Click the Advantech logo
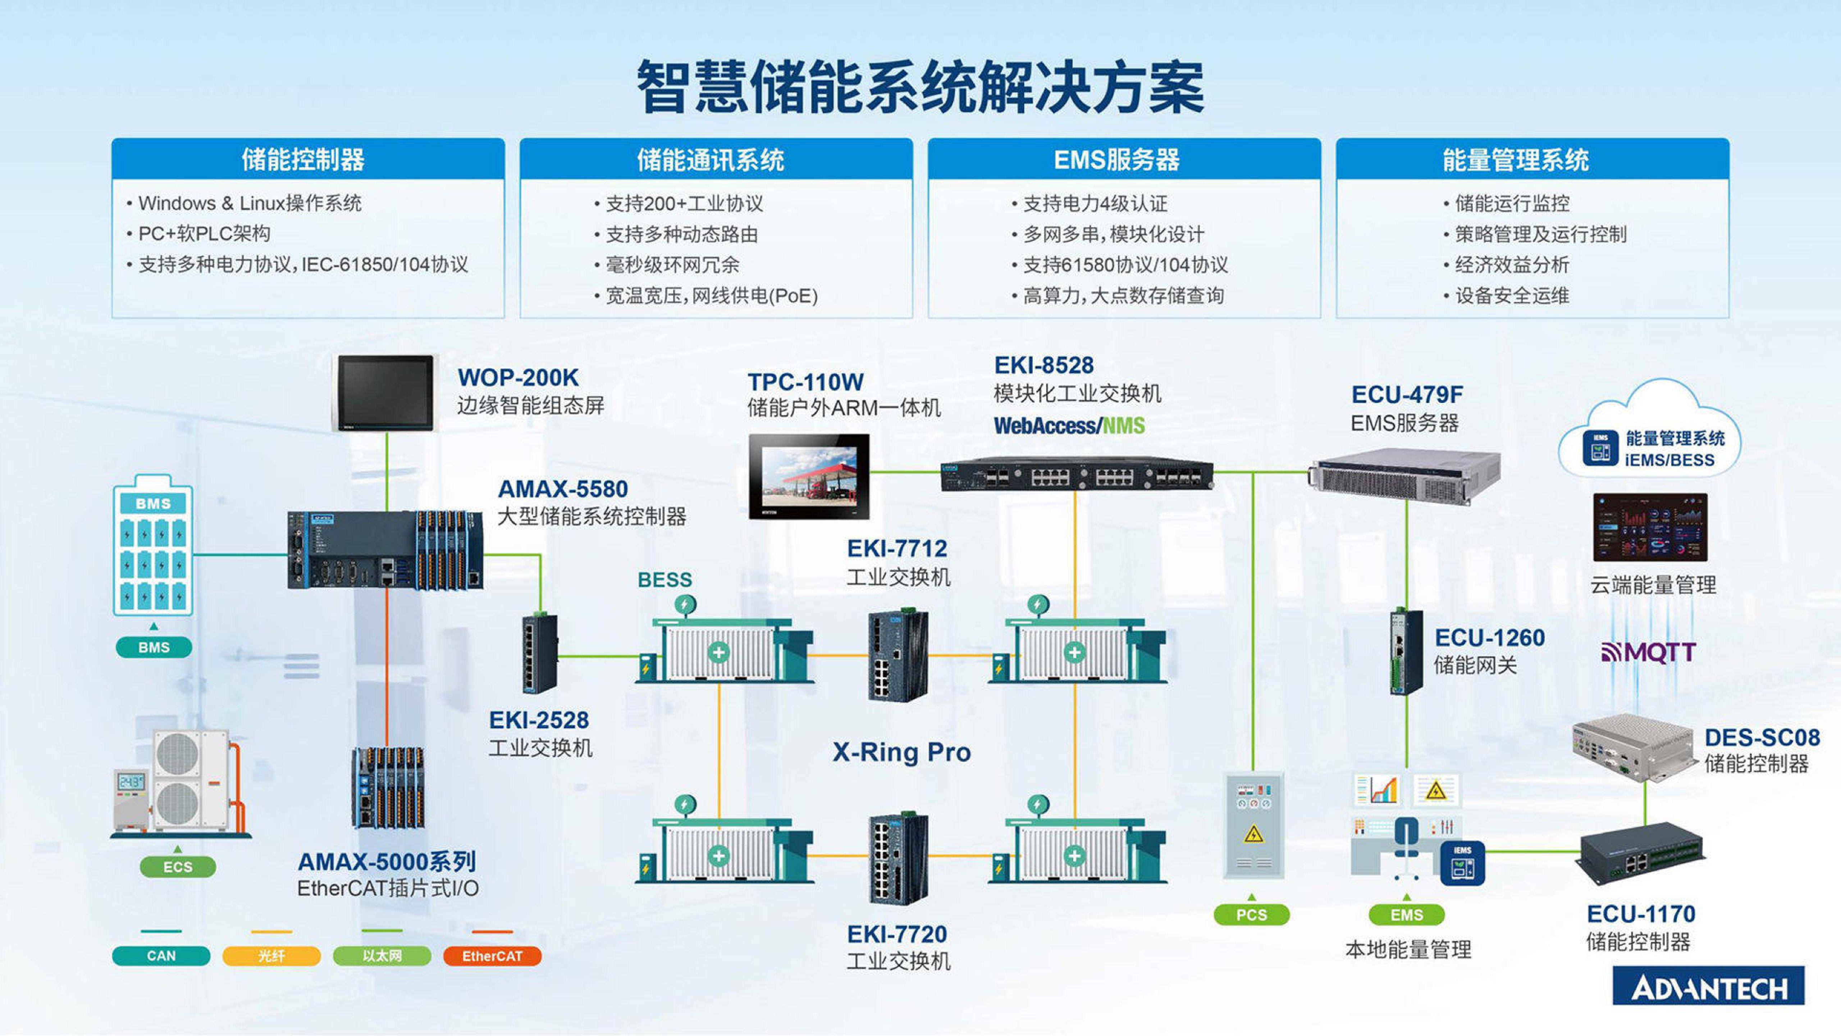1708,987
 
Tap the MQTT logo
1648,652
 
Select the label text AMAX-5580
562,489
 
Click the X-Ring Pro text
901,752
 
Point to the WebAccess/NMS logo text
1068,426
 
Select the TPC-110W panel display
809,476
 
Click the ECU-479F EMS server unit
1404,477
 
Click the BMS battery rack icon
153,547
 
